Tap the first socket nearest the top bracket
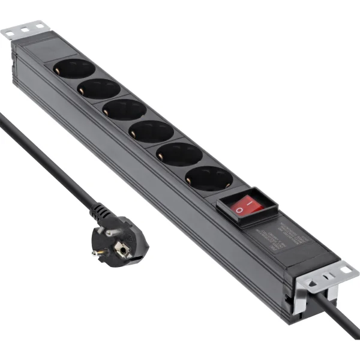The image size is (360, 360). (x=74, y=68)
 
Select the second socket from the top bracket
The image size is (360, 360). (x=98, y=89)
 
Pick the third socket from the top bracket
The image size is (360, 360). (x=124, y=110)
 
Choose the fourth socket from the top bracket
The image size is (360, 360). (x=151, y=131)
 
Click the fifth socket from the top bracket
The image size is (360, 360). (x=179, y=154)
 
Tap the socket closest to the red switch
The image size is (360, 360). (x=208, y=178)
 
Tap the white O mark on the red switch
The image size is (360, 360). (x=239, y=211)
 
